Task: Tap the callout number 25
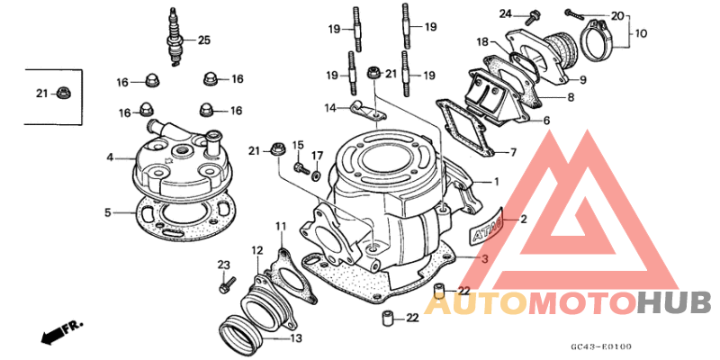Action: click(x=203, y=40)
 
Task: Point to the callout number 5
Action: click(x=107, y=213)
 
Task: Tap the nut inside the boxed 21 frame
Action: click(x=63, y=92)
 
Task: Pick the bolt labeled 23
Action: click(x=226, y=286)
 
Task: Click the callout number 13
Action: click(x=296, y=338)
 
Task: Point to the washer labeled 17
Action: click(x=315, y=174)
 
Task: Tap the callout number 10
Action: click(x=641, y=34)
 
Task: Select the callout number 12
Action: click(x=256, y=250)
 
